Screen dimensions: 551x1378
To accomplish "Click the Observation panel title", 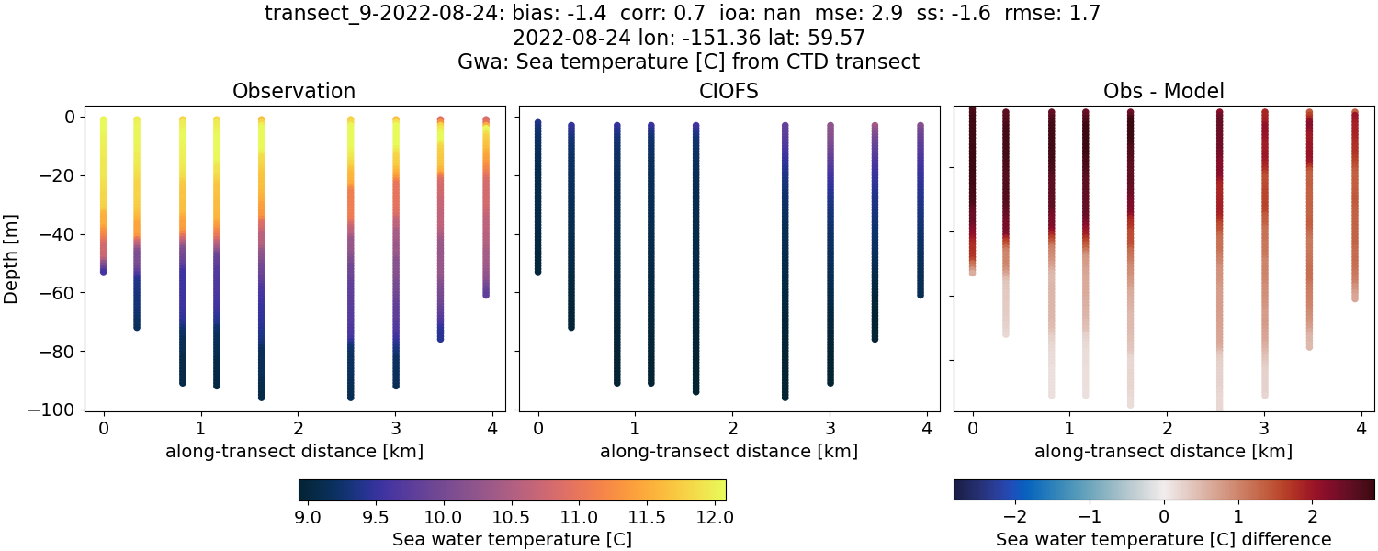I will click(x=294, y=91).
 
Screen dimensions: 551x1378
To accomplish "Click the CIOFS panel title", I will click(x=729, y=91).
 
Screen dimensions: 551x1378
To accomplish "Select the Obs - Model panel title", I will click(x=1163, y=91).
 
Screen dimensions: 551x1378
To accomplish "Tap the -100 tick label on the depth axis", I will click(x=52, y=410).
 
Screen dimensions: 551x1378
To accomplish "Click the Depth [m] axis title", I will click(x=12, y=263).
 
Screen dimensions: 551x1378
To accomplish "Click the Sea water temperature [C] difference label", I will click(x=1163, y=539).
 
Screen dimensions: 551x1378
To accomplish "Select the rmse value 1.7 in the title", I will click(x=1084, y=13).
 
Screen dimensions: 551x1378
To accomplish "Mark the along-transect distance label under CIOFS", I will click(x=729, y=451).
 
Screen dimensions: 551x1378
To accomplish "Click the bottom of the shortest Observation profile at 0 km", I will click(x=103, y=271).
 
